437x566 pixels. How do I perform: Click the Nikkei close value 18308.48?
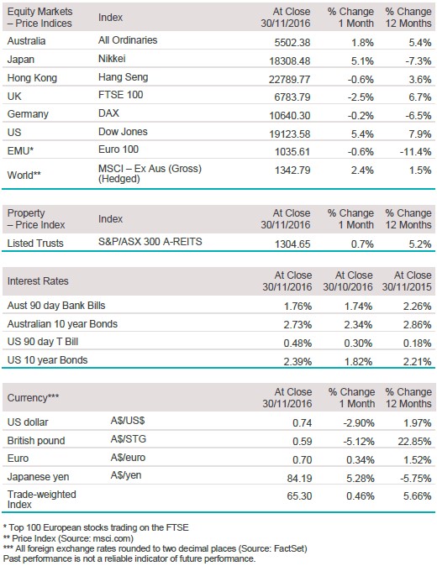click(x=290, y=61)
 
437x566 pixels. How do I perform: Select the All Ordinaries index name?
click(x=128, y=40)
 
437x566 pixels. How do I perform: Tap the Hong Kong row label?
click(x=32, y=78)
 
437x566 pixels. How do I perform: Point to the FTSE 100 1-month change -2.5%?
click(x=361, y=97)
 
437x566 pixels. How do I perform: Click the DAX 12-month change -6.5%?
click(x=419, y=116)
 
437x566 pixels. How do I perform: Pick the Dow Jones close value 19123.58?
click(x=290, y=134)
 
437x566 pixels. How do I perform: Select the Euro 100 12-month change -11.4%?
click(x=415, y=152)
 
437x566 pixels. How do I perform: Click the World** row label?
click(x=24, y=175)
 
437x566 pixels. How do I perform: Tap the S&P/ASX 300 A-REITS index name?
click(x=150, y=242)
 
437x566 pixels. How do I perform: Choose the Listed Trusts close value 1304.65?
click(x=292, y=244)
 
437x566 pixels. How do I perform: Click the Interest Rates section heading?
click(x=38, y=281)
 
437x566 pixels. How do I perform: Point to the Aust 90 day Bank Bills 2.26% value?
click(x=418, y=307)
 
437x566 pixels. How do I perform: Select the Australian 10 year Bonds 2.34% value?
click(x=358, y=325)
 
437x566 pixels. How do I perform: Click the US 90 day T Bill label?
click(x=43, y=342)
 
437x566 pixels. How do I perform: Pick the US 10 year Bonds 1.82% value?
click(x=358, y=362)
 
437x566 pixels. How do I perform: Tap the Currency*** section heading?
click(x=34, y=398)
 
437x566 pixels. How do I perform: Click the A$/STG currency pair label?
click(x=129, y=439)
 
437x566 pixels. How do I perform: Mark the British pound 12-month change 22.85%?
click(x=414, y=442)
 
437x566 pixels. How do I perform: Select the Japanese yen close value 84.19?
click(x=299, y=479)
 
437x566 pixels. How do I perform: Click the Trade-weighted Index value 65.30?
click(x=299, y=496)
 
